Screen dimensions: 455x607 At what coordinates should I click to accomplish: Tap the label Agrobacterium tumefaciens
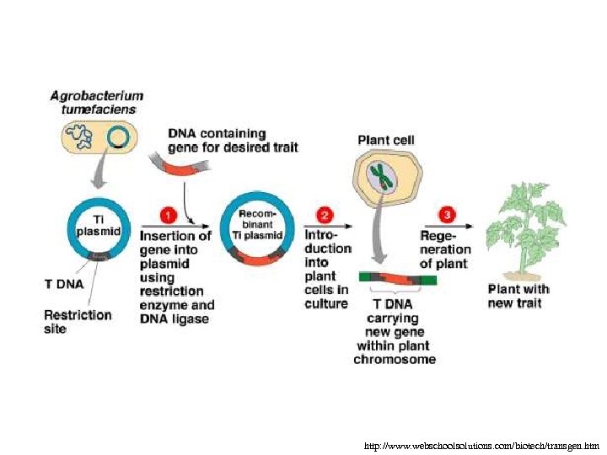97,103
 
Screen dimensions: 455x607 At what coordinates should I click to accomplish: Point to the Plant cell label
386,140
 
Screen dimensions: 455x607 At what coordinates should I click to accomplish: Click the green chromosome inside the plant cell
384,176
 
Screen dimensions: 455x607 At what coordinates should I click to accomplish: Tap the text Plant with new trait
518,296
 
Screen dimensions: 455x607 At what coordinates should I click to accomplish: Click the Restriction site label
78,321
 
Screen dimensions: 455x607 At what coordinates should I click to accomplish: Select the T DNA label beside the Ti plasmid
64,284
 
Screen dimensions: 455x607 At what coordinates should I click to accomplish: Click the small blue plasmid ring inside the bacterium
118,136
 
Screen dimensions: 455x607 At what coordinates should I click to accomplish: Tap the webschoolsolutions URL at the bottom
482,444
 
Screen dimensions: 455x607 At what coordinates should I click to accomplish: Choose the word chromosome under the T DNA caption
395,360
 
